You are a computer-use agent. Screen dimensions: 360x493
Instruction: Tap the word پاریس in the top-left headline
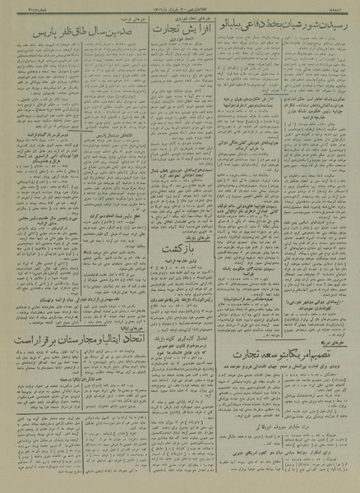pos(28,35)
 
